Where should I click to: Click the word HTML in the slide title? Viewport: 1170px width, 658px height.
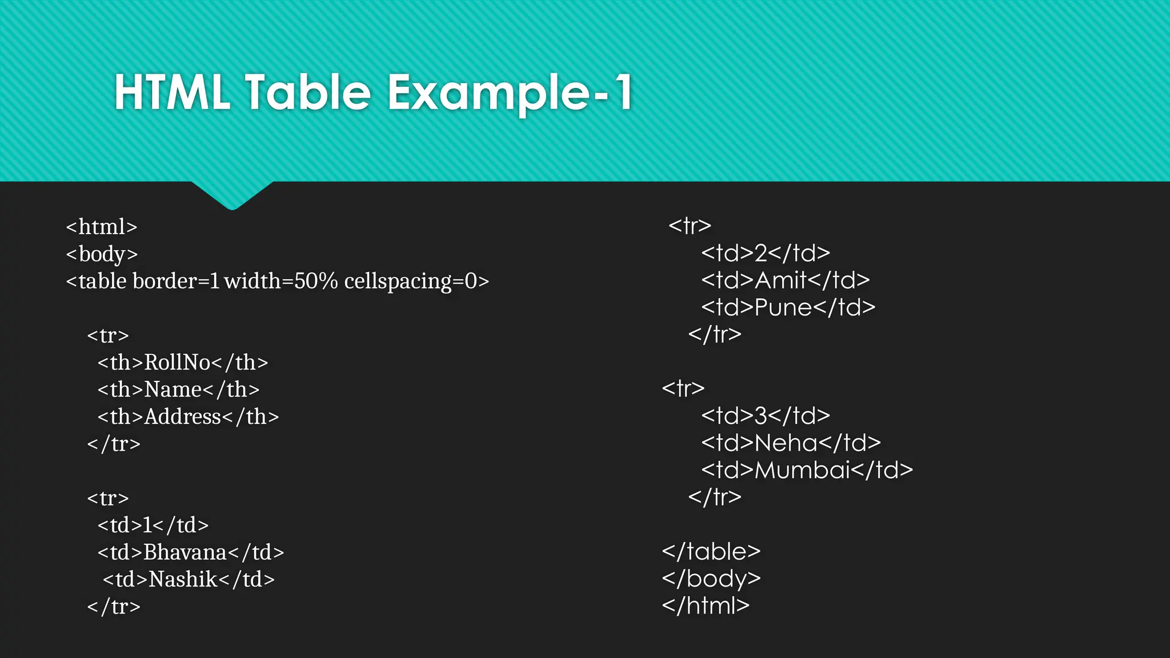click(172, 93)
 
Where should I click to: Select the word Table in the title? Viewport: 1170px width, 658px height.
click(308, 93)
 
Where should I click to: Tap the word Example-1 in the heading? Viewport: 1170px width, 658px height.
click(510, 93)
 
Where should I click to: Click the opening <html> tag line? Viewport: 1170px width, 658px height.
click(102, 227)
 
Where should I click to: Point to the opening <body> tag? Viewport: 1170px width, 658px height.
click(102, 254)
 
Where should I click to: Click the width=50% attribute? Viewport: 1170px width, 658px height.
click(281, 281)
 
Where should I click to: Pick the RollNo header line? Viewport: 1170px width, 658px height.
click(182, 362)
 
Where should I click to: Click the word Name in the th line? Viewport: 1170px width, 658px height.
click(173, 390)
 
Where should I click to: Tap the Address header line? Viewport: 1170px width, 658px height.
click(188, 416)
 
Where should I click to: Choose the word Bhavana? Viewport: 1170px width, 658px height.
click(185, 552)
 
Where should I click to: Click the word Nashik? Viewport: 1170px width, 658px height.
click(183, 579)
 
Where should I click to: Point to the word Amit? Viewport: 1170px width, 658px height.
click(781, 280)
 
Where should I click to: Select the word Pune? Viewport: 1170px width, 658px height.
click(783, 307)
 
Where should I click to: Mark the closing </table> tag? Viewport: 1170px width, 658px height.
click(711, 551)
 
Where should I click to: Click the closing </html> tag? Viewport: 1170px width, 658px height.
click(706, 605)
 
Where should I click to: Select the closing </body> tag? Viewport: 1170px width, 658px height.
click(711, 579)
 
